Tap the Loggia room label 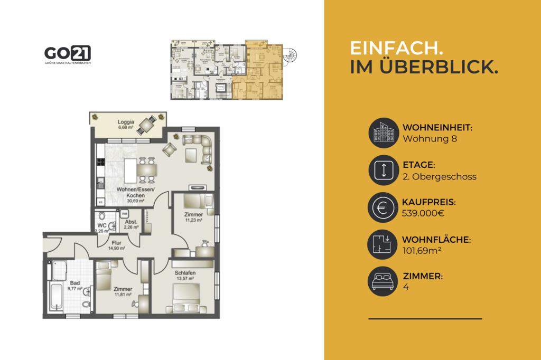[126, 124]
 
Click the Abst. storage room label [130, 225]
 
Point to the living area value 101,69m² [422, 250]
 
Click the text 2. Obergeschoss [439, 176]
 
